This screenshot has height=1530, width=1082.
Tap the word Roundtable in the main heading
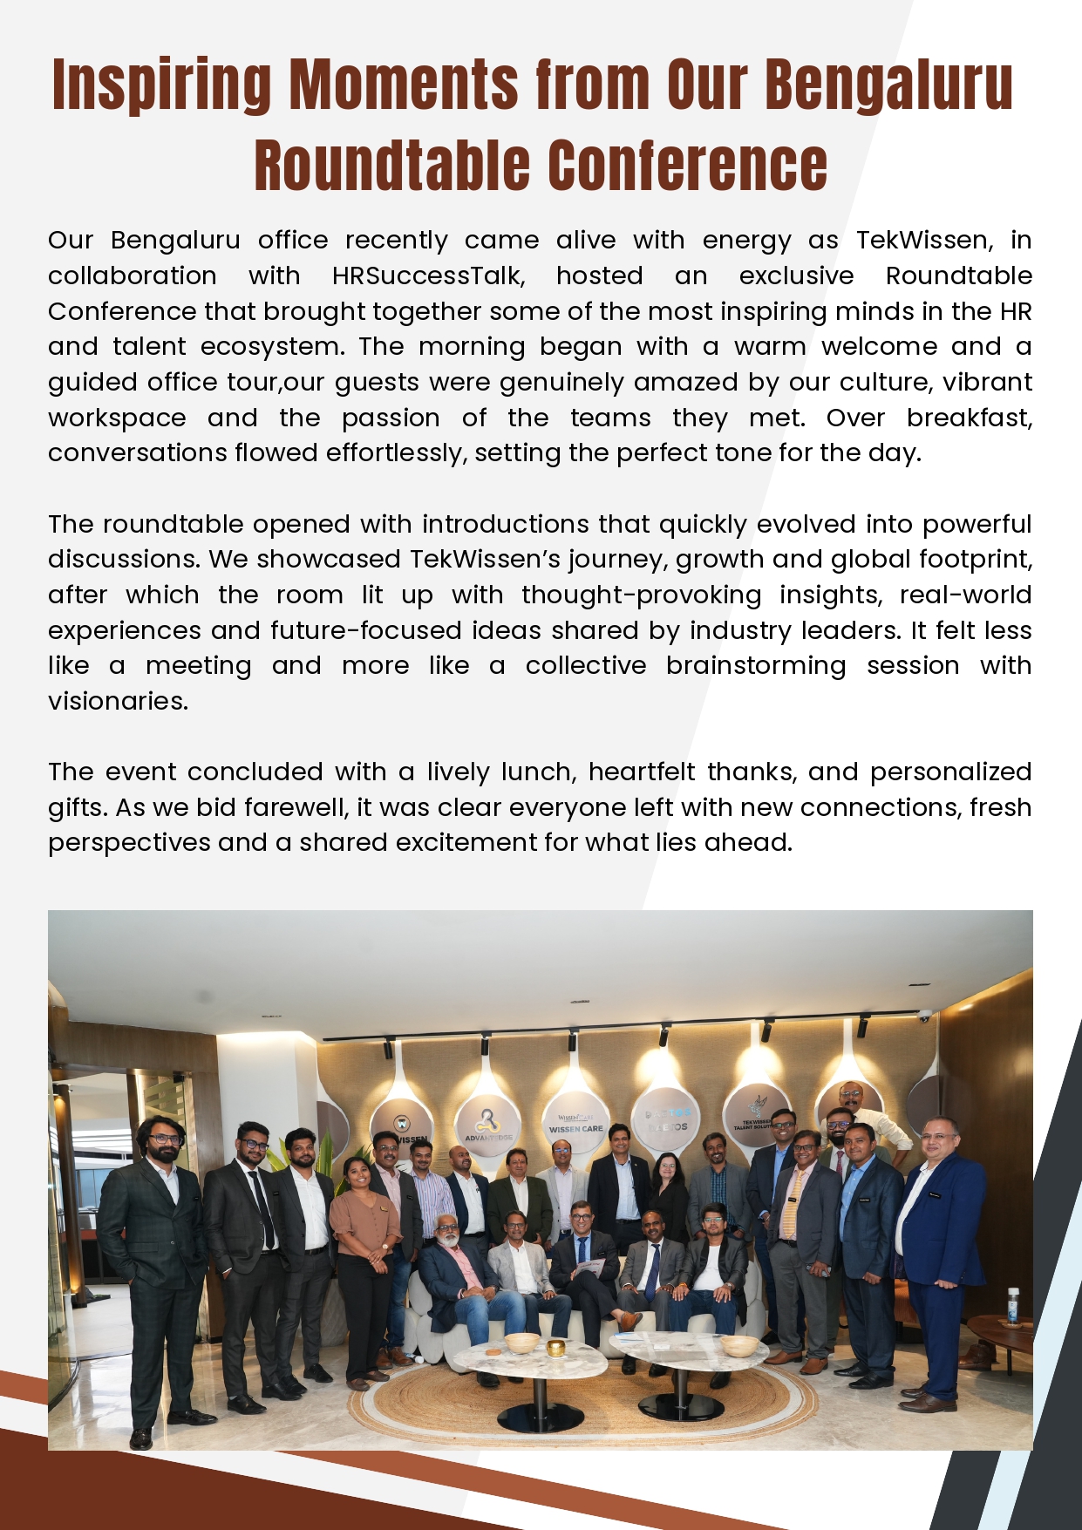(x=392, y=166)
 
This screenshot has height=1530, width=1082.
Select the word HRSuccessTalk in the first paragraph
(x=428, y=276)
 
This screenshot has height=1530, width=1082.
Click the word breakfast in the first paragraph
(x=968, y=418)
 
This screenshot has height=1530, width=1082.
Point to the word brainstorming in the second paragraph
(x=756, y=666)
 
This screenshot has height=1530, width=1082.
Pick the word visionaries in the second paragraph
(x=117, y=702)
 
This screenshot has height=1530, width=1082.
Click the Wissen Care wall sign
(x=575, y=1124)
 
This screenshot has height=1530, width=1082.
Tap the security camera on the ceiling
(x=924, y=1016)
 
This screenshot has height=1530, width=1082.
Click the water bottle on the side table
(x=1013, y=1306)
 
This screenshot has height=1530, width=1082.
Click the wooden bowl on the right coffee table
(x=739, y=1344)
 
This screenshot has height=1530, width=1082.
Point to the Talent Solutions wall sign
(x=755, y=1119)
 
